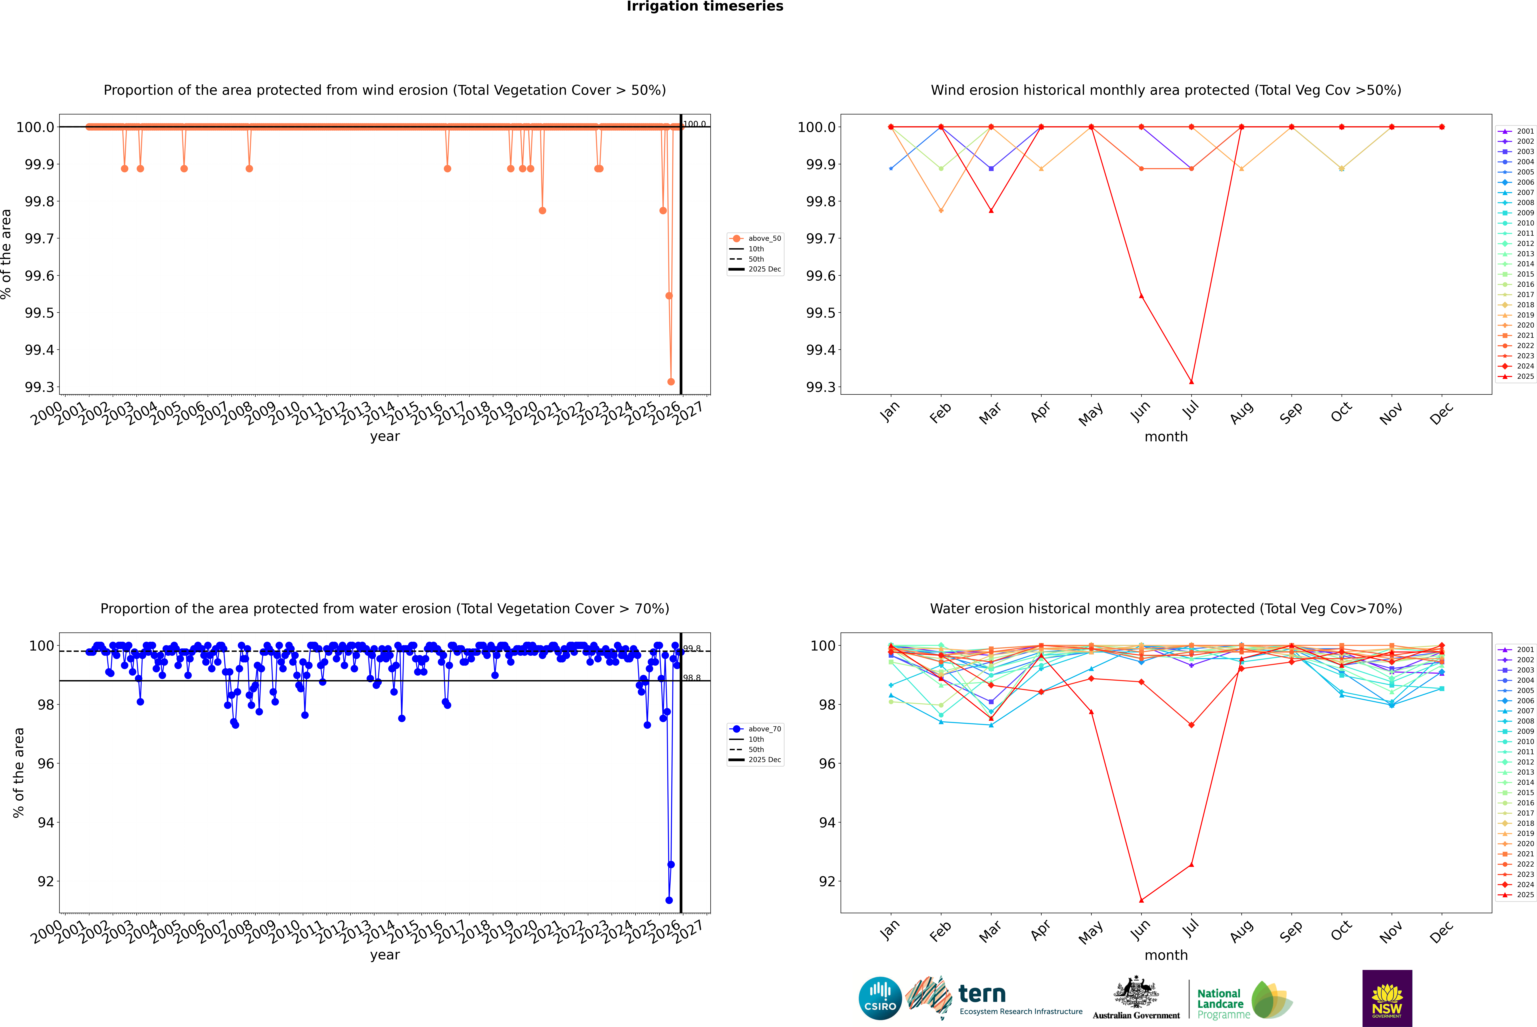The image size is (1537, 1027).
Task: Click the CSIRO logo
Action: pos(880,998)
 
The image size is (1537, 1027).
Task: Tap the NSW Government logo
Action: pos(1387,998)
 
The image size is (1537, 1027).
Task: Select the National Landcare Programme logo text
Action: pos(1220,1003)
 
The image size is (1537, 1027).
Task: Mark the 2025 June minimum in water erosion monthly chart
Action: pos(1141,900)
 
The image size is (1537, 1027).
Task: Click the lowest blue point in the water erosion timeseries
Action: pos(669,900)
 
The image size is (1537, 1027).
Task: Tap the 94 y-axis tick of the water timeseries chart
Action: pos(46,823)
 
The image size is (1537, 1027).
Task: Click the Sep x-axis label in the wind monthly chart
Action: pos(1291,413)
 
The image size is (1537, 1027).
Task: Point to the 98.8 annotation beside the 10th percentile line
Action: pos(692,678)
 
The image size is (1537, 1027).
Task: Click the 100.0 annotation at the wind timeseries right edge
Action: pos(694,124)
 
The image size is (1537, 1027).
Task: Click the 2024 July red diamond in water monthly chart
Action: pos(1191,725)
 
